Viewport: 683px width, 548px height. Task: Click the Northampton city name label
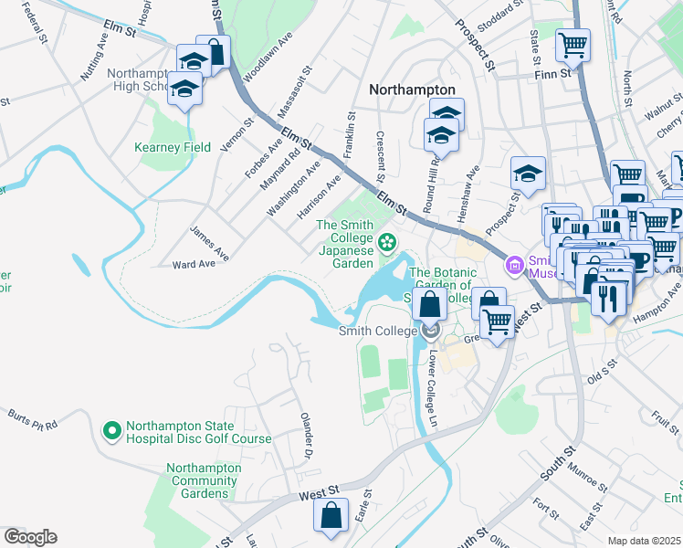point(412,90)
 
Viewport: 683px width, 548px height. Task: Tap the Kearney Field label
point(173,147)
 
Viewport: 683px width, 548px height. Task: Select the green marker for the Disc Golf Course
point(112,428)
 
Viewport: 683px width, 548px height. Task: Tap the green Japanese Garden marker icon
point(387,242)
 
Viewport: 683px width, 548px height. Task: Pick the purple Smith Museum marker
point(513,265)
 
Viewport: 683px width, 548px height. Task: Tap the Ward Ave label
point(194,264)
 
